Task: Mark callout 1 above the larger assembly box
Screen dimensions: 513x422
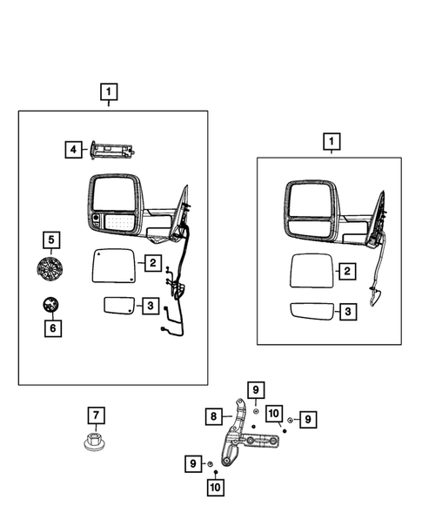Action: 109,91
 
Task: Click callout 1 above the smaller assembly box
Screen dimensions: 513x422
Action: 330,140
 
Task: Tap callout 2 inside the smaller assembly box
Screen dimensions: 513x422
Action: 346,273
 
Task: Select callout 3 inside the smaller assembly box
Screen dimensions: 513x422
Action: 346,311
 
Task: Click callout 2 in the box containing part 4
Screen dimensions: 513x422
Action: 151,262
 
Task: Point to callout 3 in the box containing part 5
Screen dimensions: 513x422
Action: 151,305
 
